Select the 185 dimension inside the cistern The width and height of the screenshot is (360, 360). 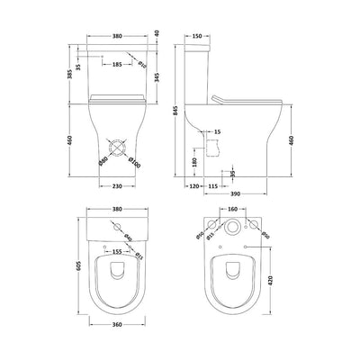[x=117, y=64]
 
